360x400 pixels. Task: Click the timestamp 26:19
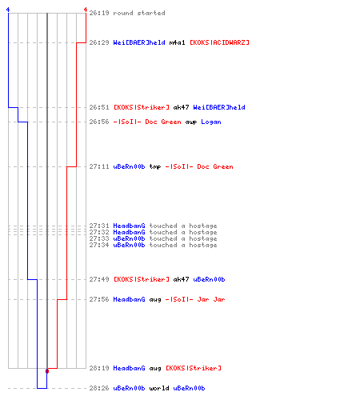point(99,13)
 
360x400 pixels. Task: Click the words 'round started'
point(139,13)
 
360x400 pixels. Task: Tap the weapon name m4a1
point(177,42)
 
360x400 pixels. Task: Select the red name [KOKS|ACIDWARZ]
point(219,42)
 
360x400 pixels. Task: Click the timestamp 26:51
point(99,107)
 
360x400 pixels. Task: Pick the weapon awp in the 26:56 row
point(191,122)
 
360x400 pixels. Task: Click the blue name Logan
point(211,122)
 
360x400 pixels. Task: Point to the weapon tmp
point(155,167)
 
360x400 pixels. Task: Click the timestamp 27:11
point(99,166)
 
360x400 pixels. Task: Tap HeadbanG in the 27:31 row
point(129,226)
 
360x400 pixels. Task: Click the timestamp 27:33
point(99,238)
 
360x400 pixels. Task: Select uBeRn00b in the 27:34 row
point(129,245)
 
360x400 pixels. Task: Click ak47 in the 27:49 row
point(181,279)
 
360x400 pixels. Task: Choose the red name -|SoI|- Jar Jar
point(195,299)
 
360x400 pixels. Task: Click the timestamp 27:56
point(99,299)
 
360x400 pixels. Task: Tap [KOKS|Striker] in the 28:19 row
point(194,368)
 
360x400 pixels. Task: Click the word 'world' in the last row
point(159,388)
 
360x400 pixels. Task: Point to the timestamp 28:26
point(99,388)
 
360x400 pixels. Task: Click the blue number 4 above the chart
point(8,10)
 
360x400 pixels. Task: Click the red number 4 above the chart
point(86,10)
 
